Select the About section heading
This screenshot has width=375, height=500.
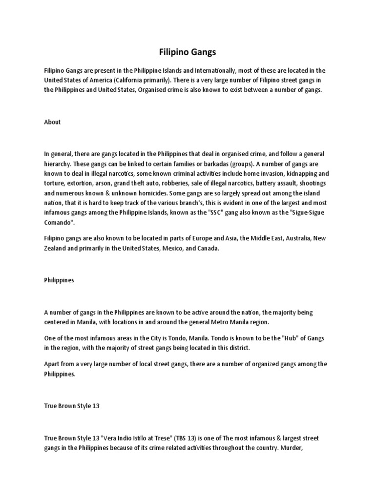52,122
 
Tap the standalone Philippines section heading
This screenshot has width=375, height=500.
59,280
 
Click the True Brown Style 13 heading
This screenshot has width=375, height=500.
72,406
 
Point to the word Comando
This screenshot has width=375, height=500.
59,222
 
